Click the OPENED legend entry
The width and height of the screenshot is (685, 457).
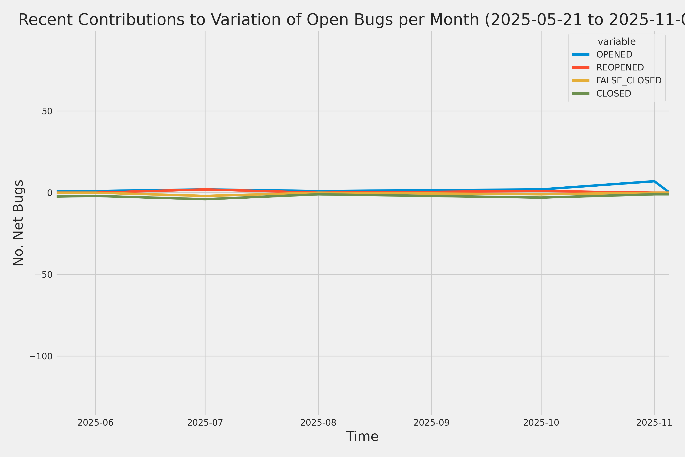pyautogui.click(x=614, y=54)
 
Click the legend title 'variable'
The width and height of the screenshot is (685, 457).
pyautogui.click(x=616, y=42)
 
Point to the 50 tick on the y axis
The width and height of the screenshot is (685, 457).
pyautogui.click(x=47, y=111)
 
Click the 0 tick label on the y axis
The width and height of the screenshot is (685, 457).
pyautogui.click(x=49, y=193)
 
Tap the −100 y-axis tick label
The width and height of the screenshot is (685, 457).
pyautogui.click(x=41, y=356)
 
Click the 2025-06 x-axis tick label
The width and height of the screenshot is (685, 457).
pyautogui.click(x=96, y=422)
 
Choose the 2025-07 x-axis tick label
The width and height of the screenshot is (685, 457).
pyautogui.click(x=205, y=422)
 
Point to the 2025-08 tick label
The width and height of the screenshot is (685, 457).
pyautogui.click(x=318, y=422)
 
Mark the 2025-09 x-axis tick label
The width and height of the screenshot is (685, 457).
pyautogui.click(x=431, y=422)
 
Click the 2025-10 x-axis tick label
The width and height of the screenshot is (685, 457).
pyautogui.click(x=541, y=422)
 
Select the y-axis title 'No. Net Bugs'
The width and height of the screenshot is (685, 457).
pyautogui.click(x=18, y=223)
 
